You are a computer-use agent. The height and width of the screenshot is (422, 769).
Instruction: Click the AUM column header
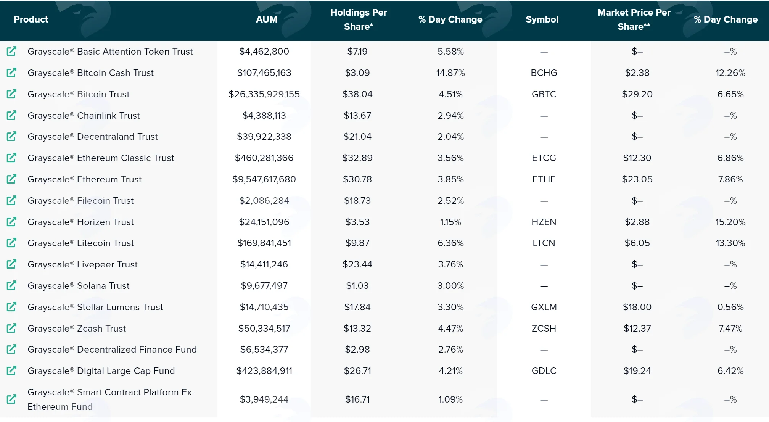click(267, 19)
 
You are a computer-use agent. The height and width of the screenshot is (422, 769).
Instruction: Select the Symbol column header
click(542, 19)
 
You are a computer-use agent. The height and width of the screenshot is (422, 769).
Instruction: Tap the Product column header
click(31, 19)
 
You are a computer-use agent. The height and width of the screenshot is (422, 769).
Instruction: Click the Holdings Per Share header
click(359, 19)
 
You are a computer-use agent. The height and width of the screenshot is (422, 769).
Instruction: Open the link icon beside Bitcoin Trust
click(12, 94)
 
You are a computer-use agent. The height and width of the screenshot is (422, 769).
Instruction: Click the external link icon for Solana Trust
click(12, 285)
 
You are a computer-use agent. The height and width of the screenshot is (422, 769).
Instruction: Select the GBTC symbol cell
click(544, 94)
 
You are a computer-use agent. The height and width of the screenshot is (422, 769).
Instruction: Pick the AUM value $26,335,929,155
click(264, 94)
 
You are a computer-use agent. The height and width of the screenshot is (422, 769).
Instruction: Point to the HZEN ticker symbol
click(544, 222)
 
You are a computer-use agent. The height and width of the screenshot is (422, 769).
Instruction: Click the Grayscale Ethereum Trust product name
click(84, 179)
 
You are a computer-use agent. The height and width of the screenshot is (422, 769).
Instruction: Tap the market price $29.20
click(637, 94)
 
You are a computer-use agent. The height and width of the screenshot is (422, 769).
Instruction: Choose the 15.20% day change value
click(730, 222)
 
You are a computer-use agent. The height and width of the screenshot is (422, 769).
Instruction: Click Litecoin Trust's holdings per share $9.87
click(357, 243)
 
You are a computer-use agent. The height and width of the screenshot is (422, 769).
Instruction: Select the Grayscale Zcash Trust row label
click(77, 329)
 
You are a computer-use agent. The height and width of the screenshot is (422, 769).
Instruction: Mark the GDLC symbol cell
click(544, 371)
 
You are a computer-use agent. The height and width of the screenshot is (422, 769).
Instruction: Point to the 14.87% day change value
click(450, 73)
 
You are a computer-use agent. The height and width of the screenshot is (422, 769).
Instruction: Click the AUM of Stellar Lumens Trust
click(264, 307)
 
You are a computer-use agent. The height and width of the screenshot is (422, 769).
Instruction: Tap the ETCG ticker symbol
click(544, 158)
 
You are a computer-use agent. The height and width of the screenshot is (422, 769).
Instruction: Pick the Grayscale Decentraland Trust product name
click(93, 137)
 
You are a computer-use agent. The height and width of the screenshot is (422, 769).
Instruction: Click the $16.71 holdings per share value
click(357, 399)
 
